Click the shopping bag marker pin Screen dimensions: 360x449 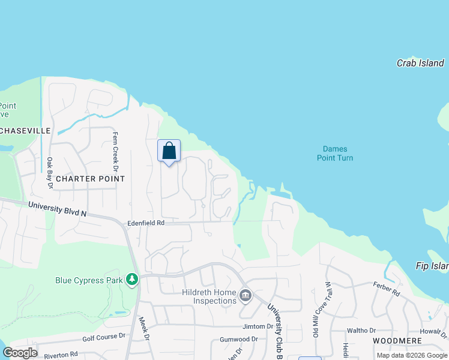pos(169,151)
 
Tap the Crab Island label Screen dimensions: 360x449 pos(420,63)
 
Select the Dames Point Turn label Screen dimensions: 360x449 pos(335,154)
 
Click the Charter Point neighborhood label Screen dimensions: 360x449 pos(90,179)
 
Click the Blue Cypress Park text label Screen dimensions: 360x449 pos(89,280)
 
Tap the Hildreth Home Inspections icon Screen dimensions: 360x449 pos(245,295)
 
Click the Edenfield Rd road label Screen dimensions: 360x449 pos(145,223)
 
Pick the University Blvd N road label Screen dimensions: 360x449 pos(58,209)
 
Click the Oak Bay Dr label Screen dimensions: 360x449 pos(50,173)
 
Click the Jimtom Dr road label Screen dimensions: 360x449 pos(258,326)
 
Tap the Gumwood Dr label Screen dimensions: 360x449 pos(238,339)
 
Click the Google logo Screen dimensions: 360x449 pos(20,352)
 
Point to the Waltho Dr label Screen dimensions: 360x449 pos(361,331)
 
